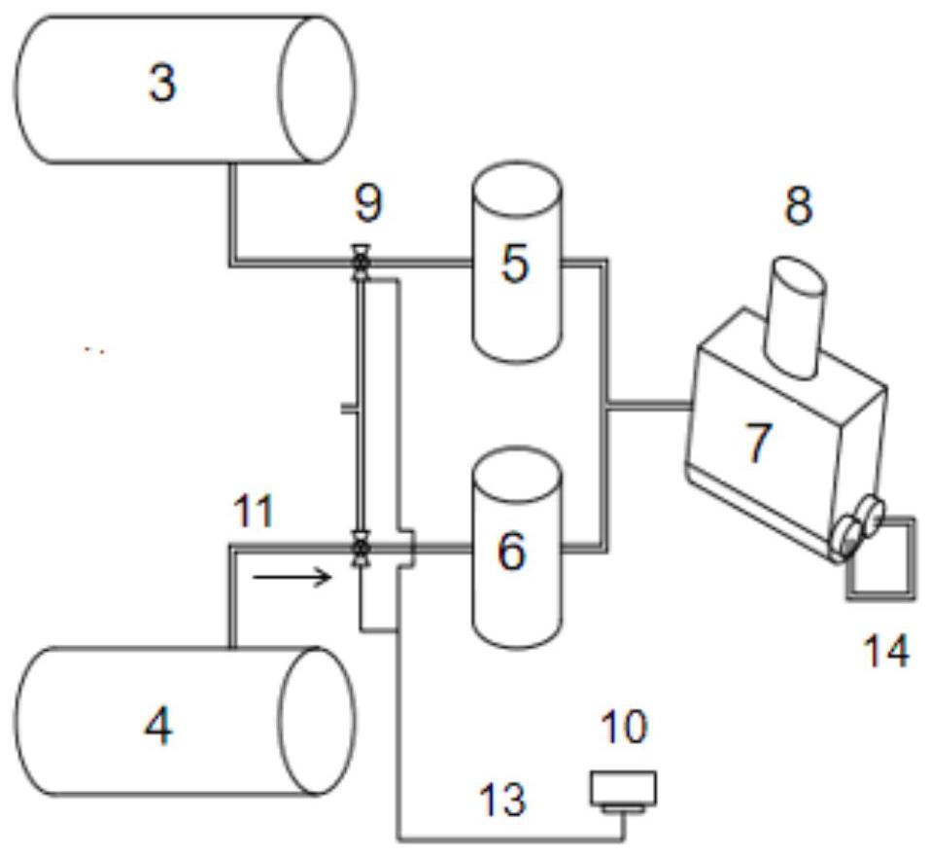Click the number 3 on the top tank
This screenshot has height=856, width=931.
click(162, 84)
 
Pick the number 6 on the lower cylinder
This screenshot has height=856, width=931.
click(511, 551)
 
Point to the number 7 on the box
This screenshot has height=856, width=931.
click(757, 444)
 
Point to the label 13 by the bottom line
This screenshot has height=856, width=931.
click(501, 799)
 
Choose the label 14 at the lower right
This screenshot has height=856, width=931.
click(886, 651)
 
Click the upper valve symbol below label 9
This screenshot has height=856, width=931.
click(360, 262)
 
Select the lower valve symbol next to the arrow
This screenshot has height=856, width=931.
click(360, 547)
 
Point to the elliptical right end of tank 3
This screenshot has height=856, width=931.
click(318, 89)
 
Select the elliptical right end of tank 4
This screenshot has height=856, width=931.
click(318, 721)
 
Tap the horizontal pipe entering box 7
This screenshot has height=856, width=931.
click(648, 406)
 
